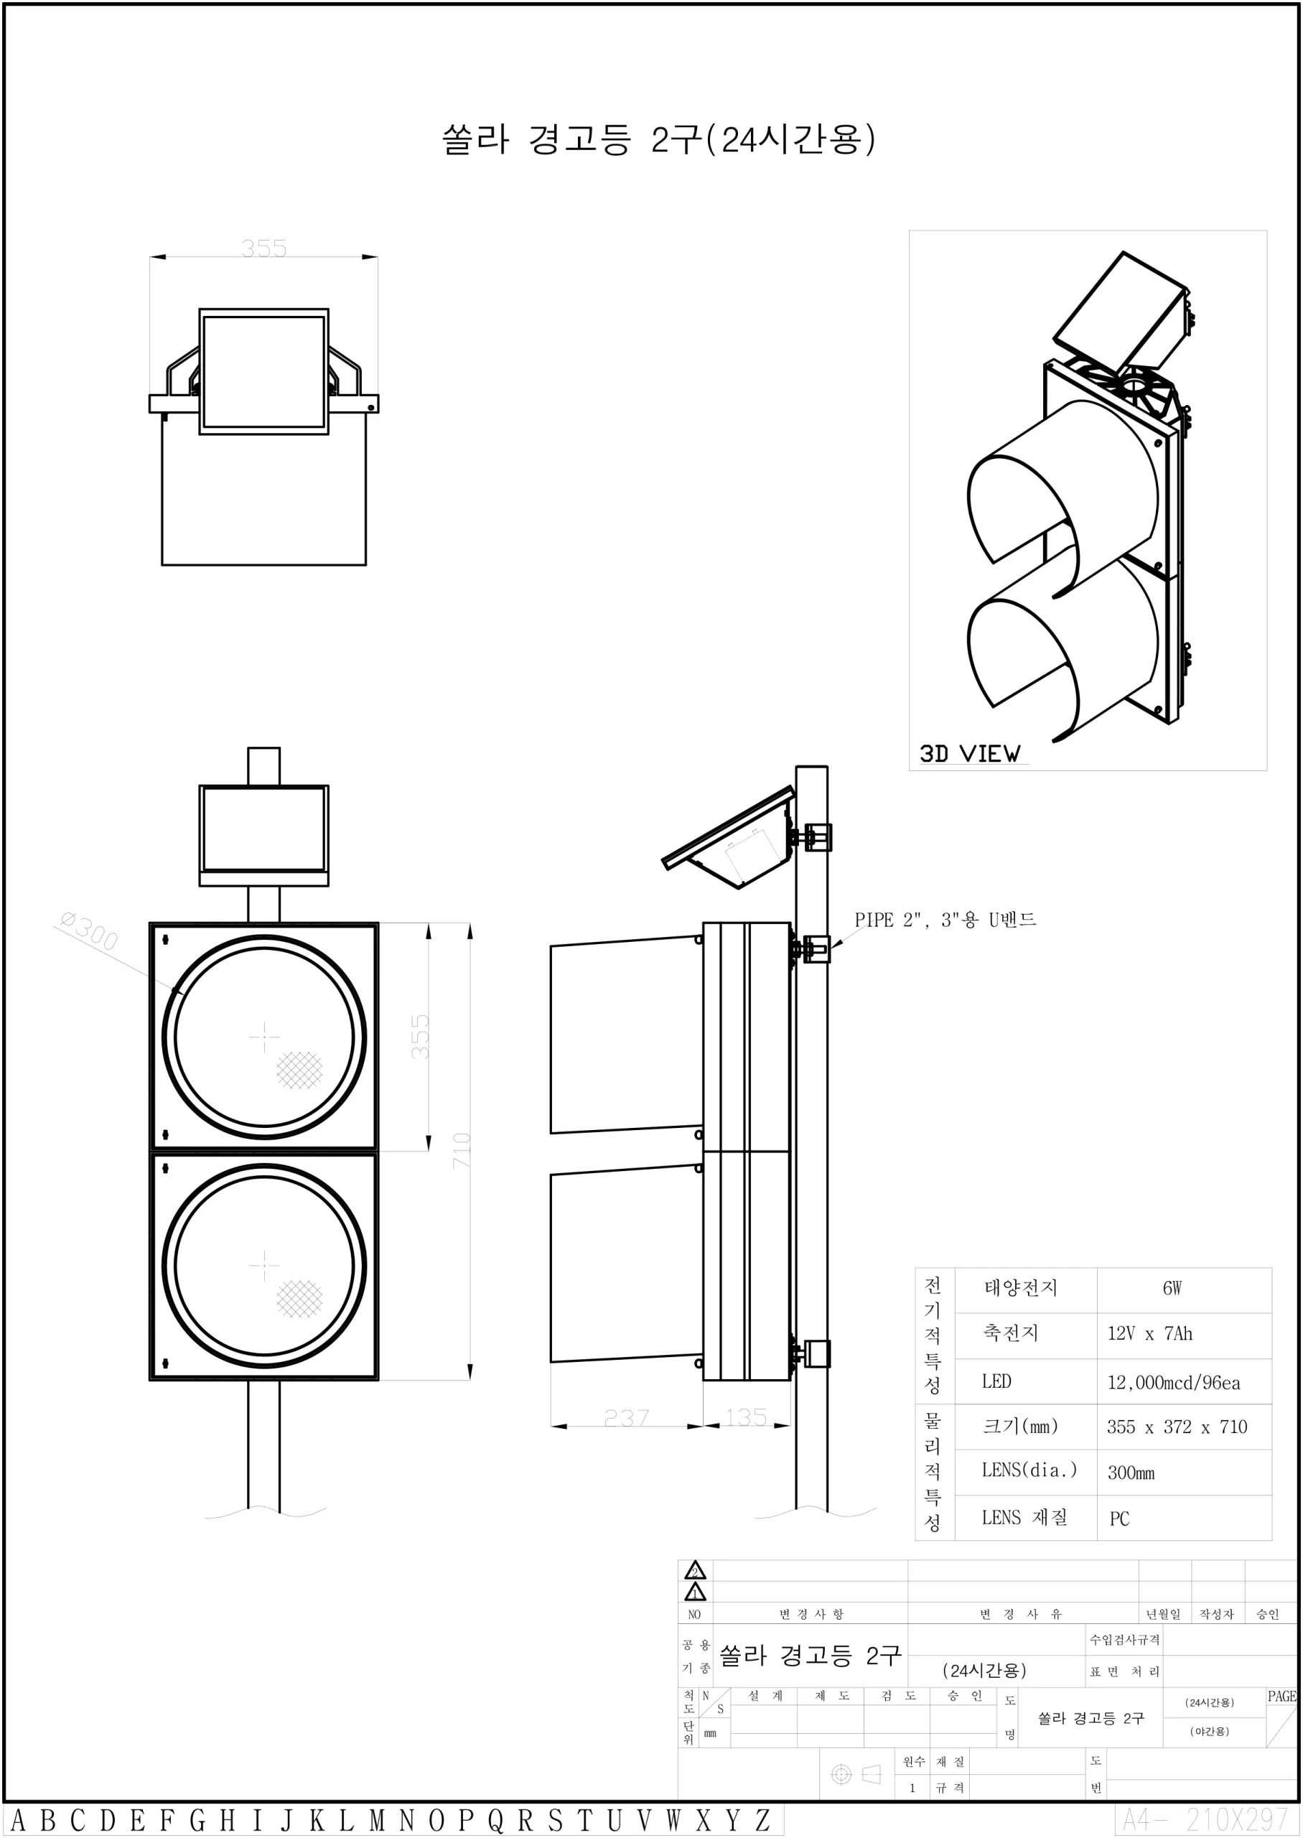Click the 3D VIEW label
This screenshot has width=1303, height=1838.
coord(969,753)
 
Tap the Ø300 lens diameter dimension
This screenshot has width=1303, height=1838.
coord(89,930)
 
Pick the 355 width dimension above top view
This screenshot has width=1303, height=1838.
coord(263,248)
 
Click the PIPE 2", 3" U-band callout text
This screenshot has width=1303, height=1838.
coord(944,920)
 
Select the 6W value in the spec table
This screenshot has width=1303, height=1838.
coord(1172,1287)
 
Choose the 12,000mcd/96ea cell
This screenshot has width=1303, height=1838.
coord(1173,1382)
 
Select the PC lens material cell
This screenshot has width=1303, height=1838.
coord(1119,1519)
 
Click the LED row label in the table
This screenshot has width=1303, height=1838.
coord(996,1381)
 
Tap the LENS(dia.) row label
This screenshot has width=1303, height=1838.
coord(1029,1470)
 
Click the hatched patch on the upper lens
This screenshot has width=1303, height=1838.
coord(299,1070)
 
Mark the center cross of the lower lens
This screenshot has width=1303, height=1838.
coord(264,1266)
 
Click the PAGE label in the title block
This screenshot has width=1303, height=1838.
coord(1281,1696)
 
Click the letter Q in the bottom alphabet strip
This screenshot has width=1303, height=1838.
coord(495,1820)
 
